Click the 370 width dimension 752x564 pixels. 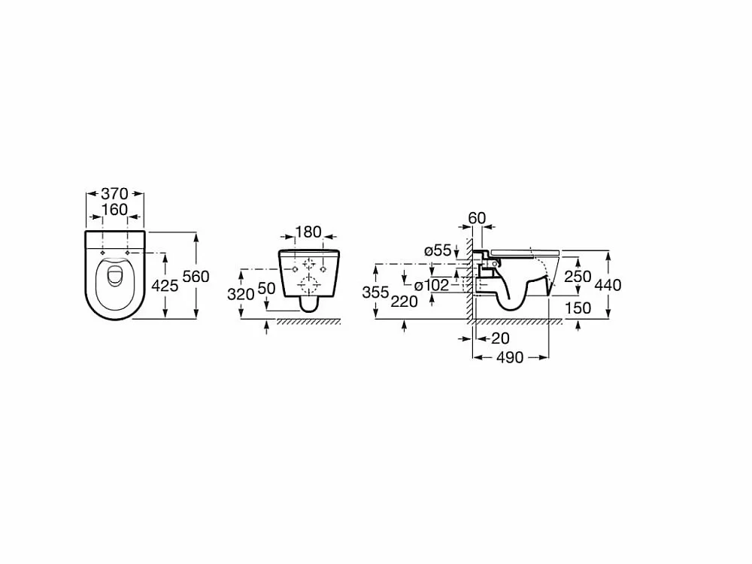114,194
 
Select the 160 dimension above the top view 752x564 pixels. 114,210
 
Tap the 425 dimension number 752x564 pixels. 165,286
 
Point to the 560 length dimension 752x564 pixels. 196,277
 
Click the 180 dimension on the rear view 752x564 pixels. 308,232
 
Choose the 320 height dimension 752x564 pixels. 241,294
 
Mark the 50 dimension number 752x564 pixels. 267,288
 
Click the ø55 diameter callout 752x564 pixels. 438,250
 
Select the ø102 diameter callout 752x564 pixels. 432,285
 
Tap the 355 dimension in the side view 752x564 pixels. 375,292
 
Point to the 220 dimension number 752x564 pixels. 404,302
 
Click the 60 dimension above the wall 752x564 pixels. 478,218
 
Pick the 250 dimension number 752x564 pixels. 578,277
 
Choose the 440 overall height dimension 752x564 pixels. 608,285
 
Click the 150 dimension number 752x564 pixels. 578,308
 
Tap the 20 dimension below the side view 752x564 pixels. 500,338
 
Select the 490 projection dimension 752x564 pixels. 510,358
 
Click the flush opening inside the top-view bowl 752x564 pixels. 115,277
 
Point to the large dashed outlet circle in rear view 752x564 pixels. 309,284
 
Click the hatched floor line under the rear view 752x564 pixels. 308,322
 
